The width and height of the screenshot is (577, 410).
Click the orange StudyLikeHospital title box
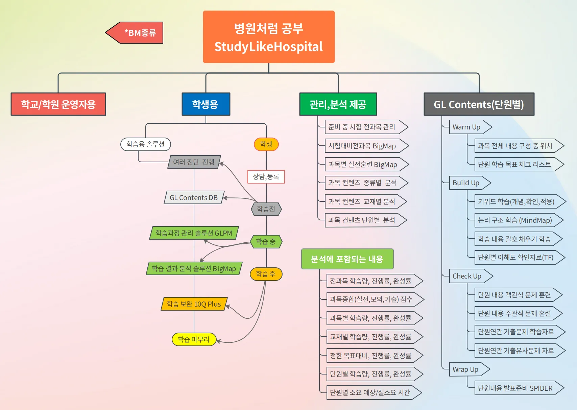coord(269,37)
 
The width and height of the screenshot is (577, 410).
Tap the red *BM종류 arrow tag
coord(137,33)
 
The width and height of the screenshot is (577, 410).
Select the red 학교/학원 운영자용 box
coord(58,104)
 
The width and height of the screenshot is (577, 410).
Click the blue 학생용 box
coord(206,104)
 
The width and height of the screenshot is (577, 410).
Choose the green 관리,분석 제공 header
coord(338,104)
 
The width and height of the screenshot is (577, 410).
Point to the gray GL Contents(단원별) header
coord(479,104)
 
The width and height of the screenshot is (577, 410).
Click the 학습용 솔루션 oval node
coord(146,144)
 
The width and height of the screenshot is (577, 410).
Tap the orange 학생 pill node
coord(266,144)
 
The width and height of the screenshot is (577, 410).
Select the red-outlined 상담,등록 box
coord(266,177)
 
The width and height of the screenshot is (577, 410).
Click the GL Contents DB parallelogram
coord(194,198)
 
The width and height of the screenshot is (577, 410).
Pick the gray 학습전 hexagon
coord(266,209)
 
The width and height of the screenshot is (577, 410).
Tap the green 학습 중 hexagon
coord(266,242)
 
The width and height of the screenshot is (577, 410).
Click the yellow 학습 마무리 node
coord(194,339)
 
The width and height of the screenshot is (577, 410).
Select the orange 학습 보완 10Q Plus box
coord(194,304)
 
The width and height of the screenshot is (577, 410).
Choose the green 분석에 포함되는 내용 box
coord(347,259)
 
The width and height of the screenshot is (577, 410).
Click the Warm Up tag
coord(468,127)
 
